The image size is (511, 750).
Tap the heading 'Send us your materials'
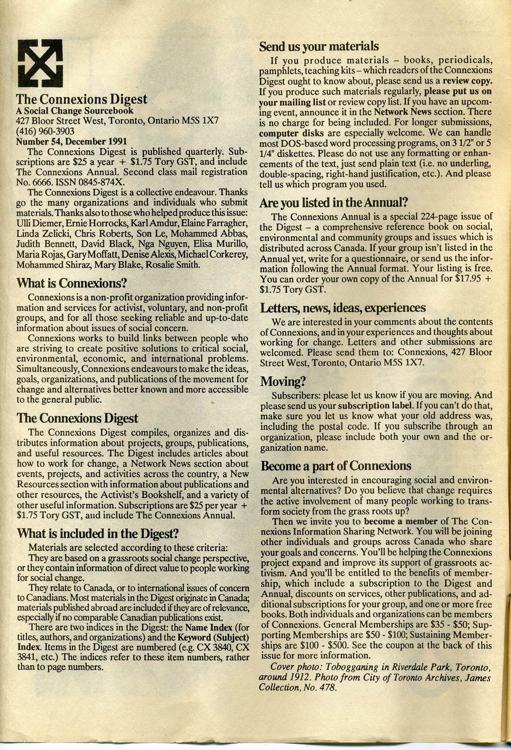coord(319,46)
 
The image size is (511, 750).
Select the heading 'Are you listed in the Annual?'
coord(334,203)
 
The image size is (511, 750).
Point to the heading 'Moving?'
coord(283,381)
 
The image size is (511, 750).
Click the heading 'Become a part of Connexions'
coord(336,465)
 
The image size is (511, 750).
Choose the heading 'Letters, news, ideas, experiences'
coord(343,308)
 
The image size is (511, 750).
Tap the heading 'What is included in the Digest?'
coord(97,533)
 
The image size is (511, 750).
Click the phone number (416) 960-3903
coord(45,130)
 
